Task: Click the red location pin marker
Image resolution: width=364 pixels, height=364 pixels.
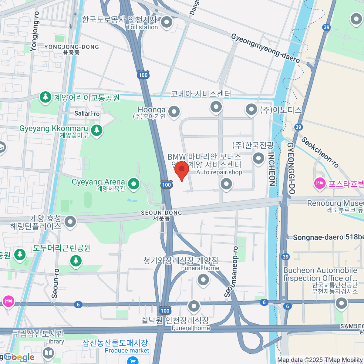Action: click(x=182, y=170)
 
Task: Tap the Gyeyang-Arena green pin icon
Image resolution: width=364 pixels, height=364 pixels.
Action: click(x=133, y=184)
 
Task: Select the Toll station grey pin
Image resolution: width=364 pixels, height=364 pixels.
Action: click(x=166, y=22)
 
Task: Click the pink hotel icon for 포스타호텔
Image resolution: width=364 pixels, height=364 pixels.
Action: click(x=320, y=183)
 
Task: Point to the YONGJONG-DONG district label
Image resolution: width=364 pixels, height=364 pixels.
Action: click(x=72, y=47)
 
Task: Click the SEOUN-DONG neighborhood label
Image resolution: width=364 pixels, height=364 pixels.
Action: click(x=161, y=213)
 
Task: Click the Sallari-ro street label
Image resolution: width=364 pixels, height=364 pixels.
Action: click(x=87, y=113)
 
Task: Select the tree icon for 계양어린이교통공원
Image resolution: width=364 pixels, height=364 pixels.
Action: click(x=45, y=97)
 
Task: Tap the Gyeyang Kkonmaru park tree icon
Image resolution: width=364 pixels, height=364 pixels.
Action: click(x=97, y=130)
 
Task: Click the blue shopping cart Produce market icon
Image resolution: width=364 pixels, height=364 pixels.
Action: click(x=132, y=360)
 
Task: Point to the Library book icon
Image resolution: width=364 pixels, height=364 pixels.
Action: click(x=49, y=353)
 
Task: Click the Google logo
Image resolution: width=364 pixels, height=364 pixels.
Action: click(x=19, y=357)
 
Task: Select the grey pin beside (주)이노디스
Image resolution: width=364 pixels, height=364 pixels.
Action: click(x=251, y=110)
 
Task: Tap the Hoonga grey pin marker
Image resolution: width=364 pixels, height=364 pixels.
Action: click(x=174, y=112)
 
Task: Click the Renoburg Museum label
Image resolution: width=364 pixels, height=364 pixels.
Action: click(x=335, y=203)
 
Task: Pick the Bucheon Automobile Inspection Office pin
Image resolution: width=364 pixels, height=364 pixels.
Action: click(x=341, y=303)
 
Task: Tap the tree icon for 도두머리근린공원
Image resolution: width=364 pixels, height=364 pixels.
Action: click(x=76, y=260)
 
